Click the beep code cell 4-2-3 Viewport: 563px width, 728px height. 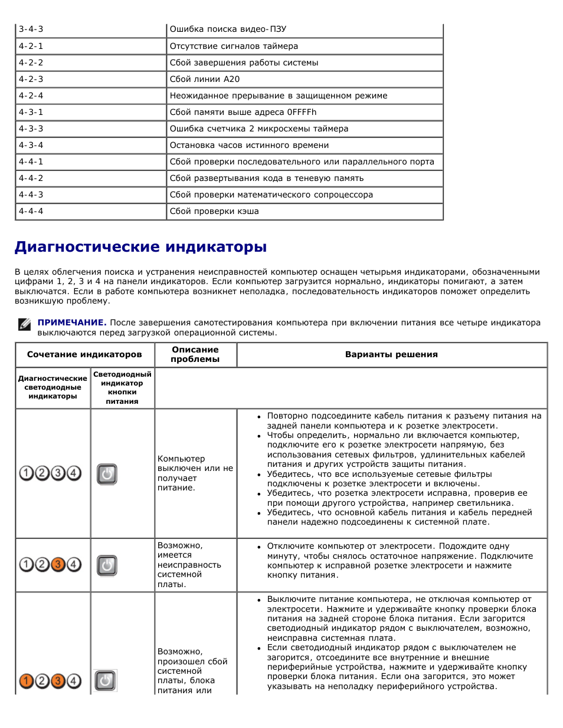31,79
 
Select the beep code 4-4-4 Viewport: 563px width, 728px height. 31,211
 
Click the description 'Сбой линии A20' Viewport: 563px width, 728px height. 205,79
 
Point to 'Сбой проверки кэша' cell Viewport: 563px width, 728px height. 214,211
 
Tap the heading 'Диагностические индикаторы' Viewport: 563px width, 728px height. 140,247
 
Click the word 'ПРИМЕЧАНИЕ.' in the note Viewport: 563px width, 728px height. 72,322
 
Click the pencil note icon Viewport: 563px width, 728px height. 24,324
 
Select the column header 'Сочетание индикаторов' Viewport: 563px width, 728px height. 84,354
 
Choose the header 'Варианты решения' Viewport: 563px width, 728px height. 391,354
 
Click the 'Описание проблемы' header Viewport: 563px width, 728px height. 195,354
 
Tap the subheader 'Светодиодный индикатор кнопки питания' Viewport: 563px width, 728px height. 122,387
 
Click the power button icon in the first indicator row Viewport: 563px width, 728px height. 107,473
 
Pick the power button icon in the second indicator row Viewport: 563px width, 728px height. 107,565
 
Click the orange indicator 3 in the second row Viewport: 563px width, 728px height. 58,565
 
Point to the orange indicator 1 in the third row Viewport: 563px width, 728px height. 27,681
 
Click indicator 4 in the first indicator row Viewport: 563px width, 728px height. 74,473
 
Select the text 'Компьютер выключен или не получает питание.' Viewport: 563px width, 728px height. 195,473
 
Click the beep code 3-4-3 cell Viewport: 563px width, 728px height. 31,29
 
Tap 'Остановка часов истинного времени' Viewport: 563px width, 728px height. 249,145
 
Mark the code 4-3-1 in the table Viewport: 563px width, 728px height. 31,112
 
